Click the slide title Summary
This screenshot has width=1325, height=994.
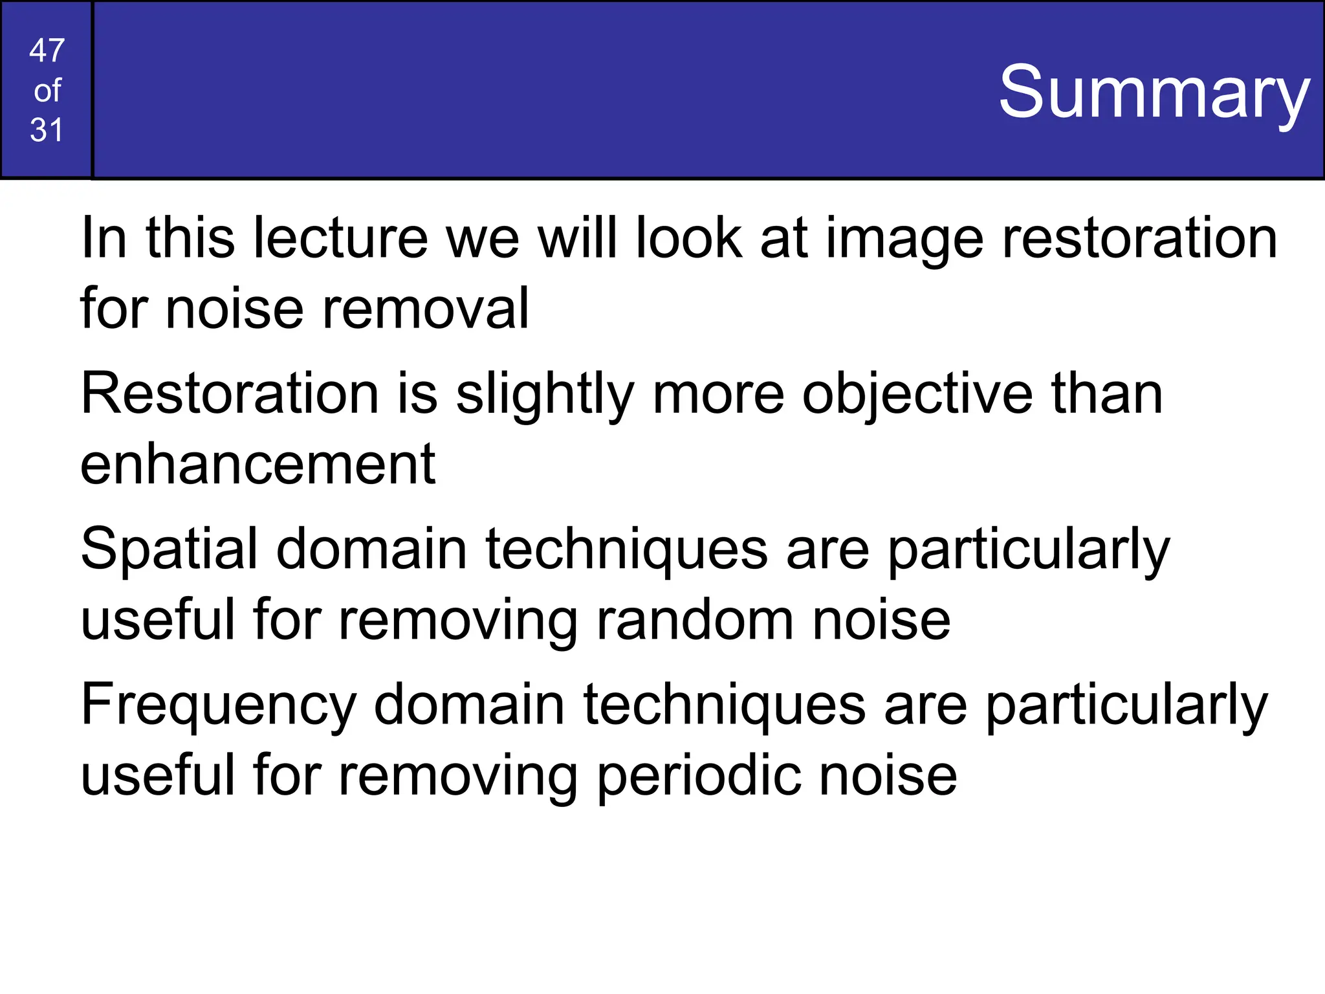[x=1154, y=92]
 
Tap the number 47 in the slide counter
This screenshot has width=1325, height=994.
[x=47, y=50]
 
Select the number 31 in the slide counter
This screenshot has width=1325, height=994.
[x=47, y=130]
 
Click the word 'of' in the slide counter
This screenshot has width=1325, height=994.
[x=47, y=91]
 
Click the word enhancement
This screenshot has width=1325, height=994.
[x=257, y=464]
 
